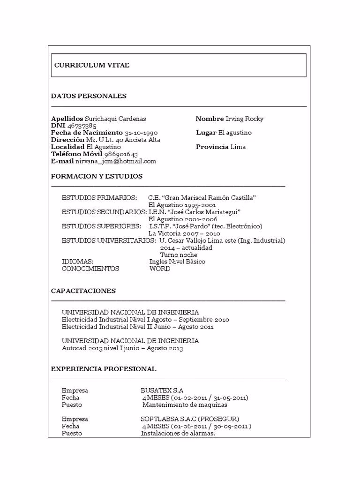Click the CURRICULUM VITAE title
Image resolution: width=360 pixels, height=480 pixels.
click(x=92, y=65)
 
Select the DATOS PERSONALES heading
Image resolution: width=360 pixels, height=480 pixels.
click(x=89, y=96)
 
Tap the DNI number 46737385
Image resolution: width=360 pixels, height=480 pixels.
click(x=82, y=126)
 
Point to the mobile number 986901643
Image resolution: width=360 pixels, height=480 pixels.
click(x=121, y=154)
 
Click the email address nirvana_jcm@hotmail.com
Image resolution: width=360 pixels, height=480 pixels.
click(x=116, y=161)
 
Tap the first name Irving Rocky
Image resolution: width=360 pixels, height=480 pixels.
click(x=244, y=119)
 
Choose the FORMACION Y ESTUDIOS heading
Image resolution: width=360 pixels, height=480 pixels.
click(x=97, y=176)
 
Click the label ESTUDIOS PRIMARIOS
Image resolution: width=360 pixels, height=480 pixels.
click(x=99, y=198)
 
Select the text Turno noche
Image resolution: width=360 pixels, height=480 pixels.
click(x=179, y=255)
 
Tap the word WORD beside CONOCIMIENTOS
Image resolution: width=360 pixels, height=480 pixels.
click(x=160, y=269)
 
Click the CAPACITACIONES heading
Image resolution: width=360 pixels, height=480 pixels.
click(x=83, y=291)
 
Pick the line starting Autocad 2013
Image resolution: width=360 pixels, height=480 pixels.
click(x=122, y=348)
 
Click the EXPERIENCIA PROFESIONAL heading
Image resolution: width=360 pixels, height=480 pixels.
click(x=104, y=369)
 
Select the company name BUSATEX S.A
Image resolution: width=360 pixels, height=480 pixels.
click(x=162, y=390)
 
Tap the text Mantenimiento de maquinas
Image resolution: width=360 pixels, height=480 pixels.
click(x=185, y=405)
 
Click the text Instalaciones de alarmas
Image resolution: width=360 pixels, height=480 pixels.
click(x=178, y=433)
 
